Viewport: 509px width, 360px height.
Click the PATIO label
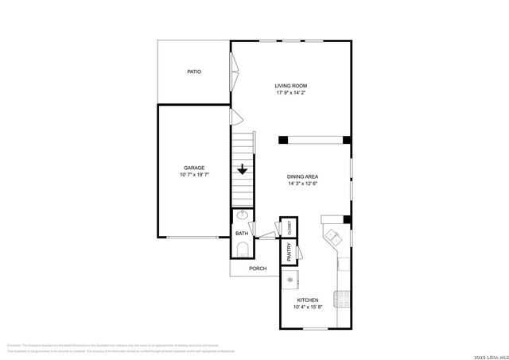tap(194, 72)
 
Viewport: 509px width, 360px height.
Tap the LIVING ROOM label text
tap(291, 86)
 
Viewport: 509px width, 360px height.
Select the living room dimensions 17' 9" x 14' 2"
tap(291, 93)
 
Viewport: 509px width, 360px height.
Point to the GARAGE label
tap(195, 168)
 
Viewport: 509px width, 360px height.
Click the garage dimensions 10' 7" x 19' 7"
tap(195, 175)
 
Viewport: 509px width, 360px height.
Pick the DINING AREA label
tap(303, 176)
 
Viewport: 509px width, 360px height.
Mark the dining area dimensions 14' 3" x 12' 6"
tap(303, 184)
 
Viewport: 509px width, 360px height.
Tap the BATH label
tap(242, 233)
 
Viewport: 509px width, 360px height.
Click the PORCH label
tap(258, 269)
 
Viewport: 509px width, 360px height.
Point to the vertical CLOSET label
tap(289, 227)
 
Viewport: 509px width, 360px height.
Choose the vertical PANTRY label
tap(289, 252)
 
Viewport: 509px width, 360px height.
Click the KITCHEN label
tap(308, 300)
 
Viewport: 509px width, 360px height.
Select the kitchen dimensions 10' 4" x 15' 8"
tap(308, 308)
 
